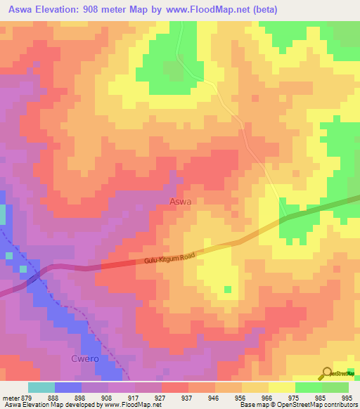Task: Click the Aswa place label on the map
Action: (x=181, y=201)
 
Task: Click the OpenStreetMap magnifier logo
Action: (x=328, y=374)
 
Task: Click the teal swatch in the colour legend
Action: (x=41, y=387)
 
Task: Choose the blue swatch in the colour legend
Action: (x=68, y=387)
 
